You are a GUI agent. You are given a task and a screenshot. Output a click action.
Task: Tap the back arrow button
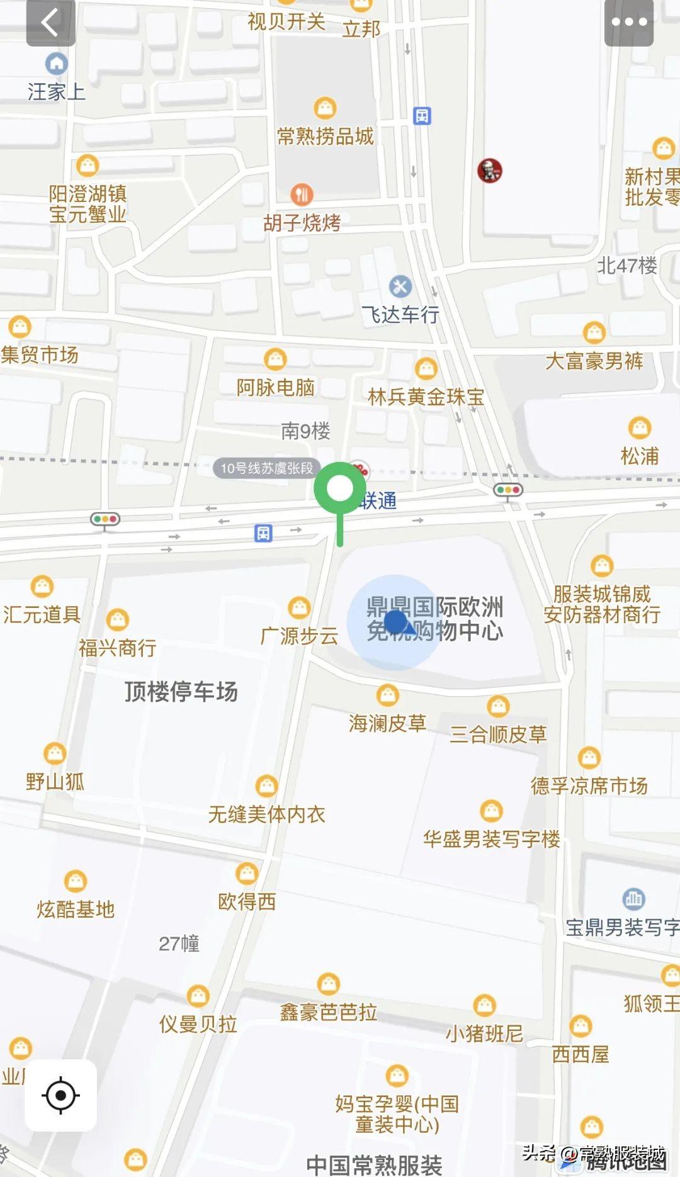[50, 23]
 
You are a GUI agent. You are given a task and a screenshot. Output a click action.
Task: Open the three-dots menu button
[628, 23]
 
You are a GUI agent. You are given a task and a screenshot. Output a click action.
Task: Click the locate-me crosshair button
[60, 1095]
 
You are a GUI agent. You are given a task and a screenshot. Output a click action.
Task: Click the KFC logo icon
[489, 171]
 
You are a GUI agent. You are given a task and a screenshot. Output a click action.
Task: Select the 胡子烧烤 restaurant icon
[302, 194]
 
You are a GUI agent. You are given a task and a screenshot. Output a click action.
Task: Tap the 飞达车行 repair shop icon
[400, 287]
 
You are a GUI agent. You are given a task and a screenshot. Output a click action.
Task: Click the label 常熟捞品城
[326, 136]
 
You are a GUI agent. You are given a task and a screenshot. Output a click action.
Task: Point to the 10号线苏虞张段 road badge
[266, 468]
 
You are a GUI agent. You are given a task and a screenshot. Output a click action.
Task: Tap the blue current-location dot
[395, 621]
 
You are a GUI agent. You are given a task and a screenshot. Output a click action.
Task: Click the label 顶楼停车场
[181, 692]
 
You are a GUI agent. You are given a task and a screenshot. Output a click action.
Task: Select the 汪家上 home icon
[57, 64]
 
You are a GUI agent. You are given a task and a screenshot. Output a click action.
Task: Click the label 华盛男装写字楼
[491, 838]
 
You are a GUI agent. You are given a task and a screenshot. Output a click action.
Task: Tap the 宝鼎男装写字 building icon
[633, 899]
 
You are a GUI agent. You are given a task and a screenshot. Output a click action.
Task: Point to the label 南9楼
[305, 431]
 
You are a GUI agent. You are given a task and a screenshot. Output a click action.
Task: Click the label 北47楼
[626, 266]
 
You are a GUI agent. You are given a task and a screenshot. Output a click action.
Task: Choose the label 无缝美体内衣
[266, 814]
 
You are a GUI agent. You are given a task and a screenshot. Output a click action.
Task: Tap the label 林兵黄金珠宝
[426, 397]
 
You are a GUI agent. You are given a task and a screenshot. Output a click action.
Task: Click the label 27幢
[179, 943]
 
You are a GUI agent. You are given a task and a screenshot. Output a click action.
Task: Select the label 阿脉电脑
[275, 387]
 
